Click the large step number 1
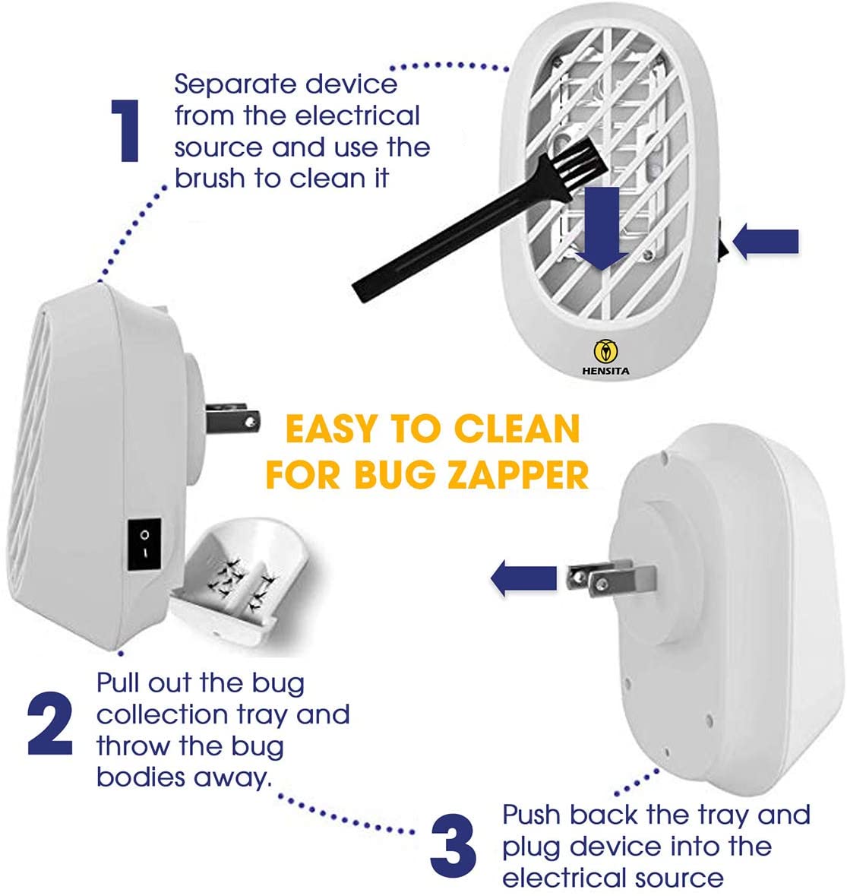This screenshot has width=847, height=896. [x=125, y=131]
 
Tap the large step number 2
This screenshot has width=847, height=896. [x=50, y=723]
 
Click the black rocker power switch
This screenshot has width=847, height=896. [x=144, y=544]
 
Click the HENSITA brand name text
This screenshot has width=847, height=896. [x=606, y=371]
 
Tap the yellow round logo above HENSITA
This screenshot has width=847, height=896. [x=605, y=351]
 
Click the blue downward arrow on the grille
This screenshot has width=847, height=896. [x=602, y=228]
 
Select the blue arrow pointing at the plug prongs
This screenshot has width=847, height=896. [x=523, y=578]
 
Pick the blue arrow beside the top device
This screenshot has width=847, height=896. [x=765, y=241]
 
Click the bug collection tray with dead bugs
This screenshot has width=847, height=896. [x=243, y=583]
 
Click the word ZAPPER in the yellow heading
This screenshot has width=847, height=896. [x=518, y=475]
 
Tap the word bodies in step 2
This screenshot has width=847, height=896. [x=141, y=777]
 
